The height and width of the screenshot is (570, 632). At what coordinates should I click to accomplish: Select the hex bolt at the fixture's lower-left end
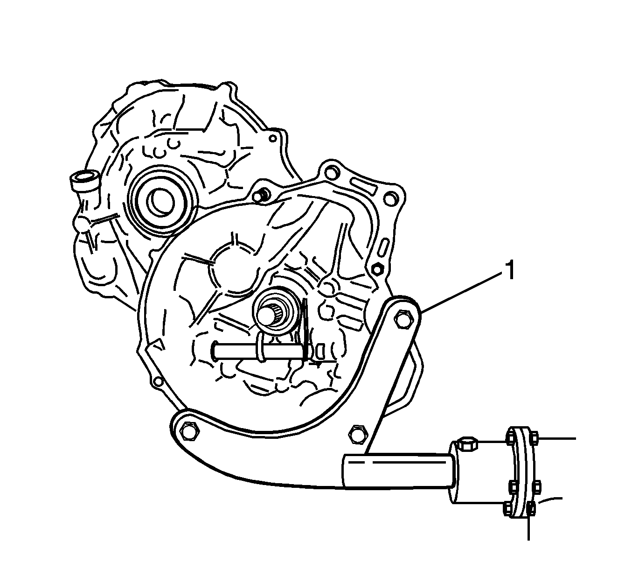[189, 430]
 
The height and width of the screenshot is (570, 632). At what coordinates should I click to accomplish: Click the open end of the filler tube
[83, 177]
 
